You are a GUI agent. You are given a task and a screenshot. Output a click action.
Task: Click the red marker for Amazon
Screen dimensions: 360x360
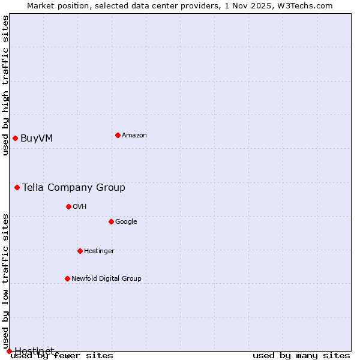(118, 135)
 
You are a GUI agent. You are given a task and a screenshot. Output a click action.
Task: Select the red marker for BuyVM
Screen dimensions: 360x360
(15, 138)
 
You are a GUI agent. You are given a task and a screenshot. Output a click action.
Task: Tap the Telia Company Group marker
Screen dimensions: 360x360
(17, 187)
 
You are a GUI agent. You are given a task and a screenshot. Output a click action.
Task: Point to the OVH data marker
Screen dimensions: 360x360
(68, 206)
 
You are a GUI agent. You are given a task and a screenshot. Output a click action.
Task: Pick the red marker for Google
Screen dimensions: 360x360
(111, 221)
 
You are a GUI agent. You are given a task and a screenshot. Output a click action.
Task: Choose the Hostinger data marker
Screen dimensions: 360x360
(80, 251)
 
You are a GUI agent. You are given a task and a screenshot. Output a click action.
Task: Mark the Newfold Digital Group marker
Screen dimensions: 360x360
(67, 278)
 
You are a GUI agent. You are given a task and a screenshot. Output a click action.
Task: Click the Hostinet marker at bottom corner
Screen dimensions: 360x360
(9, 351)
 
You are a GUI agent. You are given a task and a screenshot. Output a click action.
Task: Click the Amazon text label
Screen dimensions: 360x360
(134, 136)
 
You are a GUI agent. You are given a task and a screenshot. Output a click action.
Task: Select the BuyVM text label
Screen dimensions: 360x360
(37, 139)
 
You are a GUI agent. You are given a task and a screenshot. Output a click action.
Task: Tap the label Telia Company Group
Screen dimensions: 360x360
(74, 188)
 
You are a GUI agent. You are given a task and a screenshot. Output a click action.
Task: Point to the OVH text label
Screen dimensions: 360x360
(80, 207)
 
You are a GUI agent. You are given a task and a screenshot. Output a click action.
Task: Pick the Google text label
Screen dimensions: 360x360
(126, 222)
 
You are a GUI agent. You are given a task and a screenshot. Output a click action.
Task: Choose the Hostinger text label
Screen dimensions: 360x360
(99, 251)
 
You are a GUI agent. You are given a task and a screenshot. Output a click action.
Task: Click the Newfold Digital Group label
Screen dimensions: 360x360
(106, 279)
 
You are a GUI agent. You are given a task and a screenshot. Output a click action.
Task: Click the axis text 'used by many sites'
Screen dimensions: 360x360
(301, 355)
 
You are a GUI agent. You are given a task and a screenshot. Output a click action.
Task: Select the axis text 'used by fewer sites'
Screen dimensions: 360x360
(62, 355)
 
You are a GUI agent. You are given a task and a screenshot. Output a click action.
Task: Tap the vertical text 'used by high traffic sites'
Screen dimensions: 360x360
(5, 85)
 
